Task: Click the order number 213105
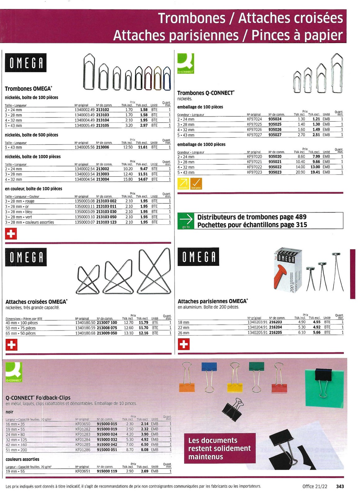click(x=102, y=126)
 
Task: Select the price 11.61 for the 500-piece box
click(x=143, y=147)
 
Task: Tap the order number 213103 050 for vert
click(x=106, y=217)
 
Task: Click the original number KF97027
click(x=254, y=135)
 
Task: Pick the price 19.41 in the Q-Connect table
click(x=315, y=172)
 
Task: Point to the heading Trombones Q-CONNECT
click(x=205, y=93)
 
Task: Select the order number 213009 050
click(x=107, y=333)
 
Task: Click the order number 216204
click(x=275, y=327)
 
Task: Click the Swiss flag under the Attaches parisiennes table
click(x=184, y=344)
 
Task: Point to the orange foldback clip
click(x=187, y=386)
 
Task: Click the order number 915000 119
click(x=107, y=471)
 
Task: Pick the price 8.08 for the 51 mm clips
click(x=145, y=450)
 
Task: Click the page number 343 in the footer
click(x=340, y=486)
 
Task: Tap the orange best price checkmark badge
click(x=196, y=184)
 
